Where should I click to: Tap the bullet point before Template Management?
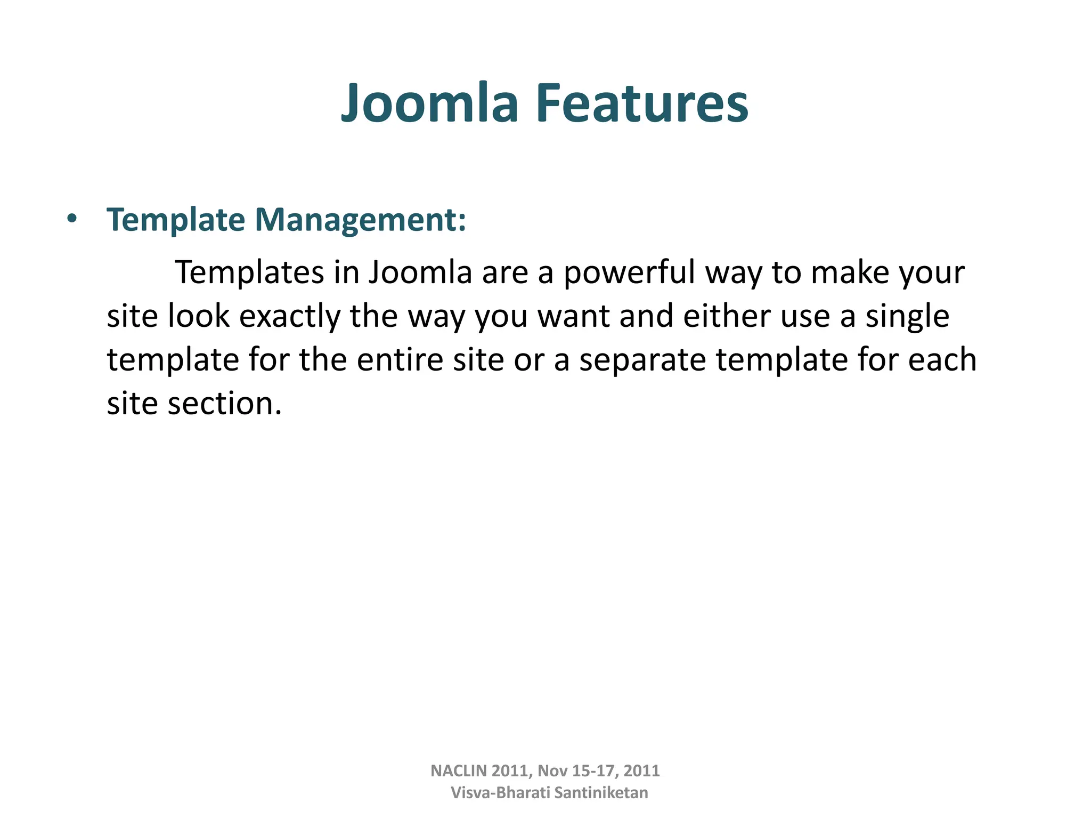(72, 219)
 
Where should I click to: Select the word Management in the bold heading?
(360, 220)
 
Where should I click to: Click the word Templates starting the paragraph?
(249, 273)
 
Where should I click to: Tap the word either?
(726, 316)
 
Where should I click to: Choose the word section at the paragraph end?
(224, 404)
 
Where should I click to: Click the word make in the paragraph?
(849, 273)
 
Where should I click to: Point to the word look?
(198, 316)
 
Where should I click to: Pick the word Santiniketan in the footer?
(601, 793)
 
